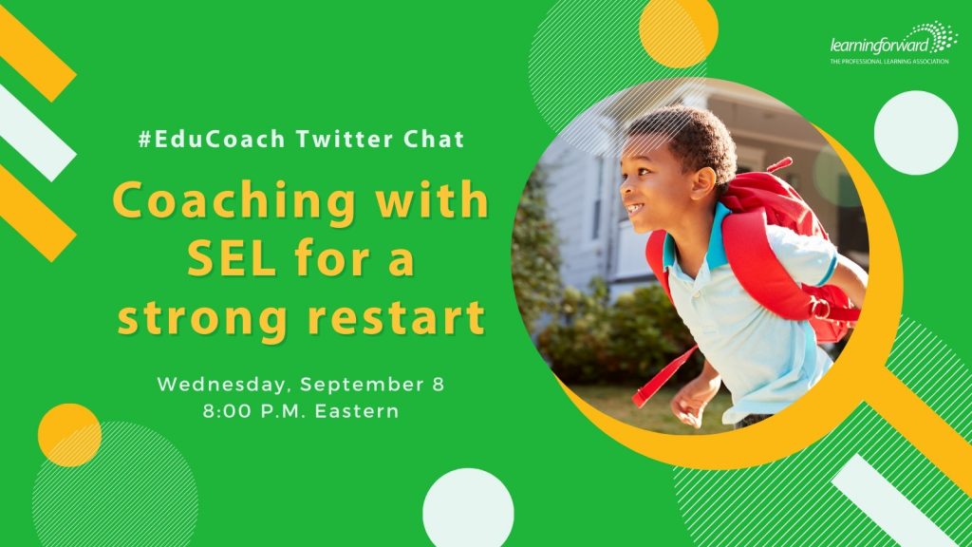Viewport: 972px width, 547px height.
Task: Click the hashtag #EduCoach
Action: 212,139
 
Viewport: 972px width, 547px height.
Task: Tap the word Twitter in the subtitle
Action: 344,139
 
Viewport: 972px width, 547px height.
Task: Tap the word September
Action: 362,386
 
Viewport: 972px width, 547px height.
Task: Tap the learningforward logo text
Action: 880,46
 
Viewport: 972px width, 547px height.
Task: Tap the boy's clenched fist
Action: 687,407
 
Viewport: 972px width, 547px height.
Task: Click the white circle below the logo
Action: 916,133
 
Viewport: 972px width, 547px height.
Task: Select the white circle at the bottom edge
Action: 468,509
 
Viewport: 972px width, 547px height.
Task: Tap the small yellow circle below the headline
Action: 69,435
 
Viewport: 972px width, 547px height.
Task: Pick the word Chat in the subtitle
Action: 434,139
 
